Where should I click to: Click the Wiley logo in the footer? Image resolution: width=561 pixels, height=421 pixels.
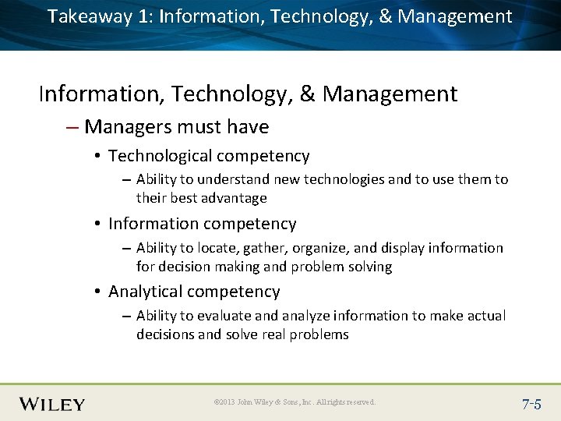click(52, 404)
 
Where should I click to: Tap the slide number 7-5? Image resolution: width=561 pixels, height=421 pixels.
click(532, 404)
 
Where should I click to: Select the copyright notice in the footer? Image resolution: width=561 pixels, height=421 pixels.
click(295, 402)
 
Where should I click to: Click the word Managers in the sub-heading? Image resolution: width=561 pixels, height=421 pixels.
click(127, 127)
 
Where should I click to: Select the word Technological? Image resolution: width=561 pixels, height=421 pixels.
click(159, 157)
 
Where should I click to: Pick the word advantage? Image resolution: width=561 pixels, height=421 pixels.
click(233, 199)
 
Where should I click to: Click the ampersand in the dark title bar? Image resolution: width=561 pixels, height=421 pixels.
click(385, 16)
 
